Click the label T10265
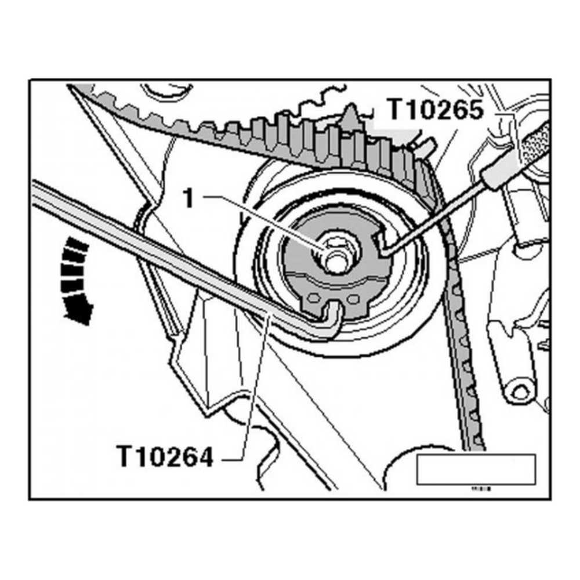click(435, 110)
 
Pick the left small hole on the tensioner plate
click(314, 297)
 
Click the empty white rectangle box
click(476, 469)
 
